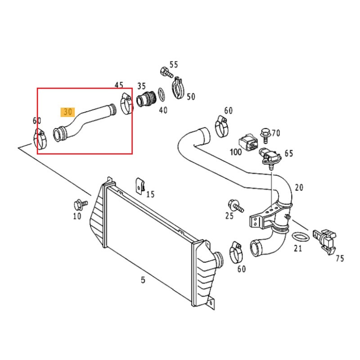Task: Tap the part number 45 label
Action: (x=119, y=85)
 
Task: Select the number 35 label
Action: (x=141, y=85)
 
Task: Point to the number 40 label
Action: (x=163, y=109)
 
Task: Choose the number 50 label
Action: (x=191, y=96)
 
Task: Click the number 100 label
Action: (x=236, y=152)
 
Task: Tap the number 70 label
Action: (x=275, y=133)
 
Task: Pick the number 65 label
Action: (x=288, y=153)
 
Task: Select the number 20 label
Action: (x=299, y=187)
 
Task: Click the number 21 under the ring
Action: (x=298, y=248)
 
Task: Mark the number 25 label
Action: (x=229, y=216)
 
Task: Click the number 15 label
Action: (x=150, y=194)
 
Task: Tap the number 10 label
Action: (x=77, y=216)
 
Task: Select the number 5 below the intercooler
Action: (x=143, y=280)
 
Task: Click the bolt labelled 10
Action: (x=81, y=204)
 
